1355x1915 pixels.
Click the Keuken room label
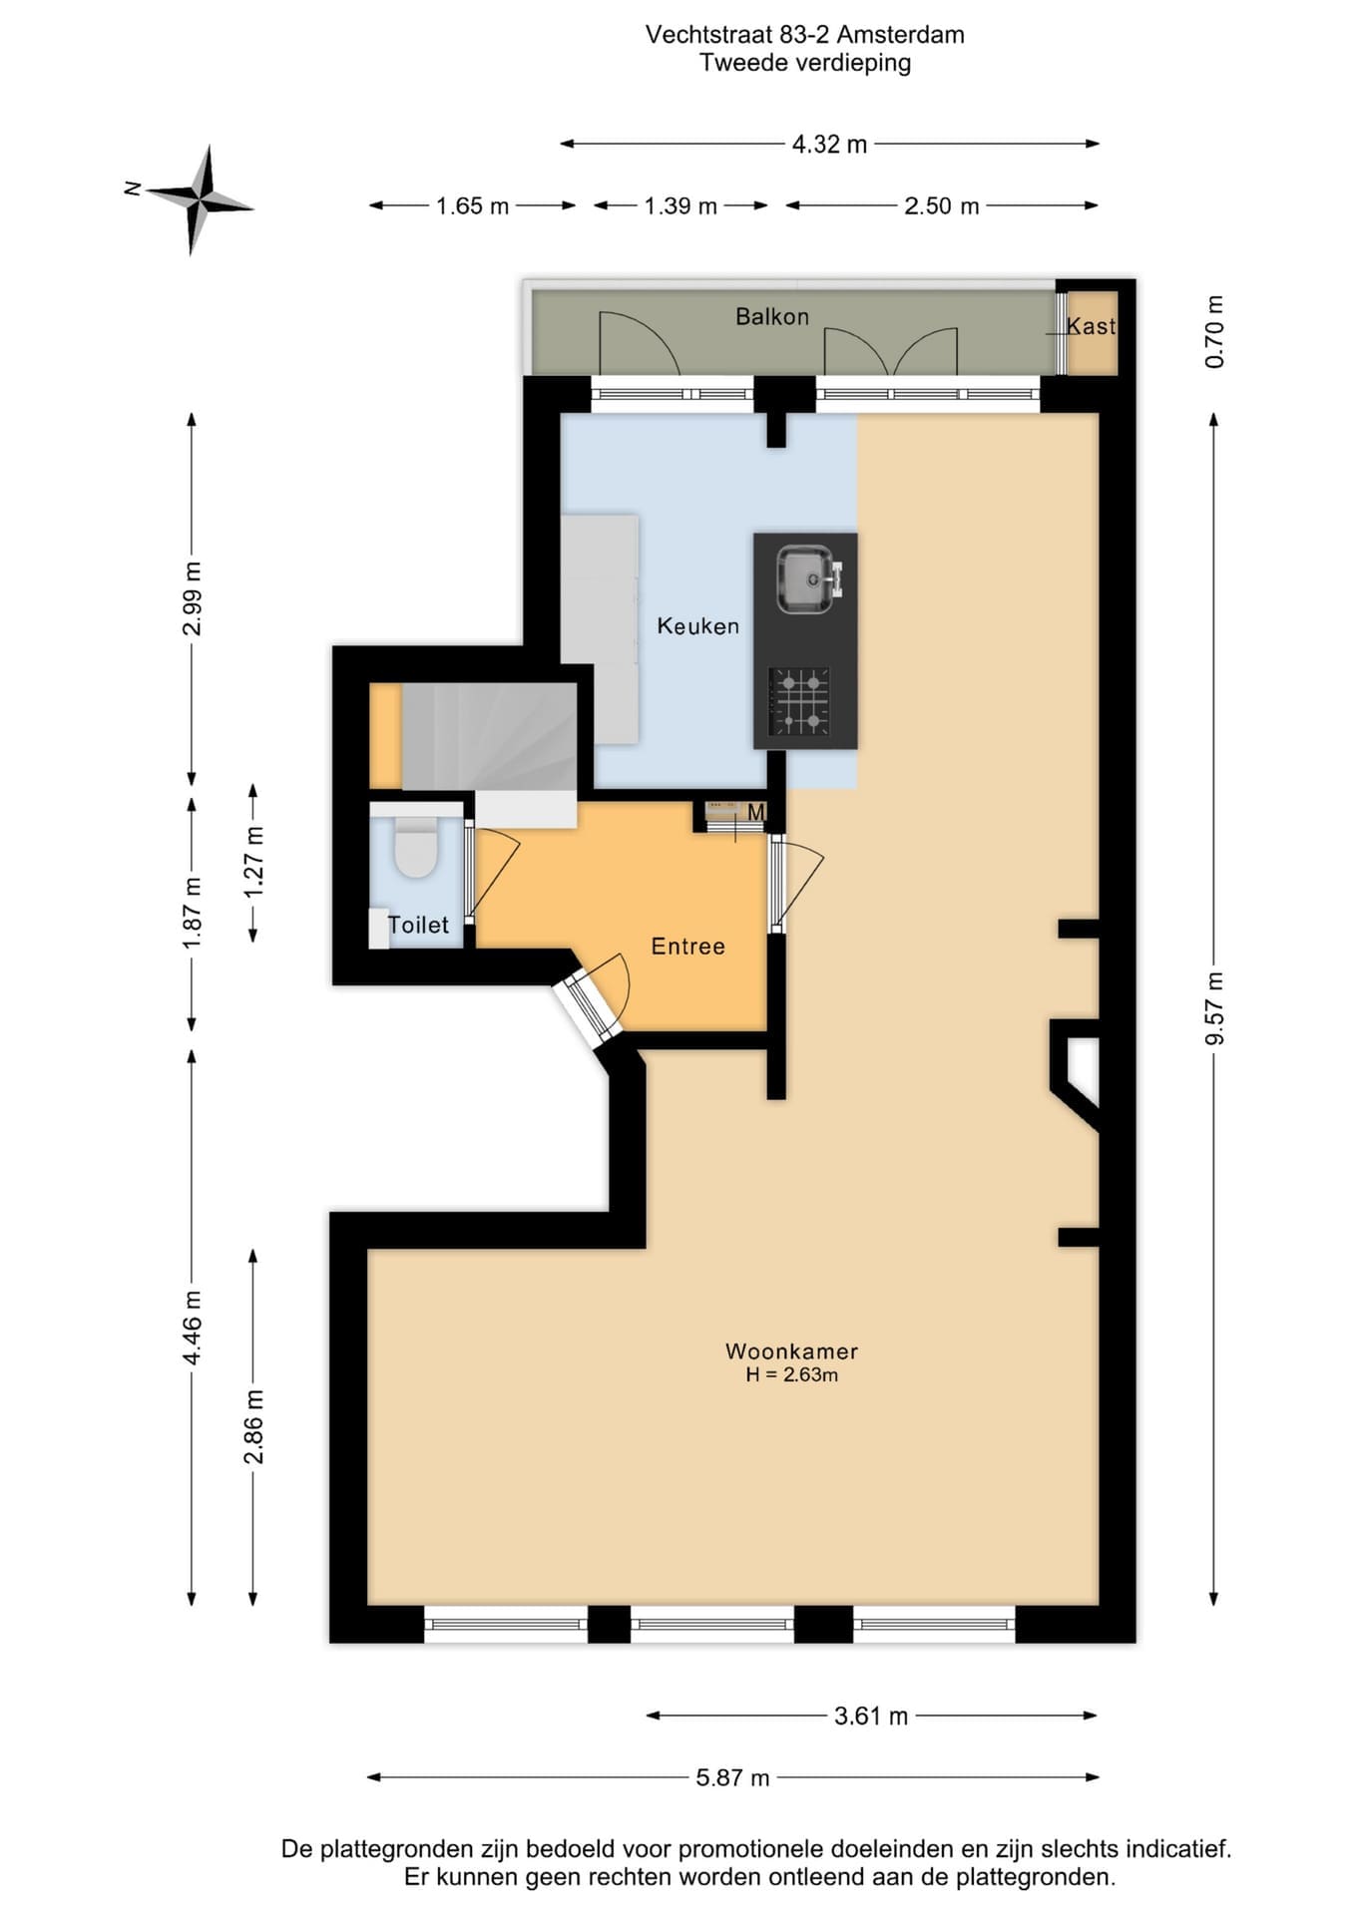(697, 626)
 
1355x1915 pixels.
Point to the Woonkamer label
(791, 1351)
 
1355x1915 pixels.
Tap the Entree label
(687, 947)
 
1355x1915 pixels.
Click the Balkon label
(771, 317)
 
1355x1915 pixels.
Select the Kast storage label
(1091, 326)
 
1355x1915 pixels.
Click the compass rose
(200, 199)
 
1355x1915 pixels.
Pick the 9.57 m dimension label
(1214, 1008)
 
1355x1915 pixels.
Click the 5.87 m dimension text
(732, 1777)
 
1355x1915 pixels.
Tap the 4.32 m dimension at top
(829, 145)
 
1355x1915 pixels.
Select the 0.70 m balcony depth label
(1214, 332)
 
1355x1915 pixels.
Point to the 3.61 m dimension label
(871, 1716)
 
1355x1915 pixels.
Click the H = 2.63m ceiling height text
(791, 1375)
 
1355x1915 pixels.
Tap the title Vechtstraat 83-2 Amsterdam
(804, 35)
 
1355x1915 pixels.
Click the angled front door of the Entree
(588, 1007)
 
